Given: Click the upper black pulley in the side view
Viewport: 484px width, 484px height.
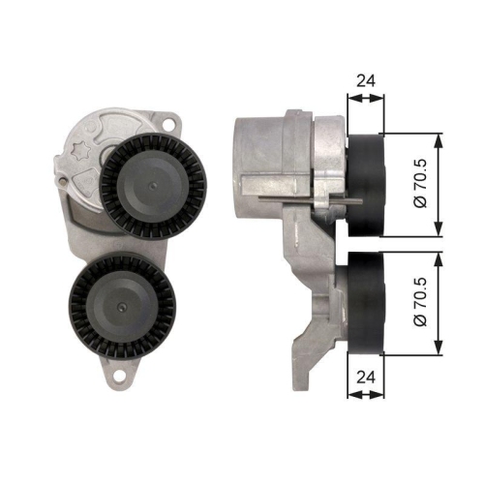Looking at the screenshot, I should [x=365, y=184].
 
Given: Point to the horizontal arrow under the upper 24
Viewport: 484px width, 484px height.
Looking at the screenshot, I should [x=365, y=98].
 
